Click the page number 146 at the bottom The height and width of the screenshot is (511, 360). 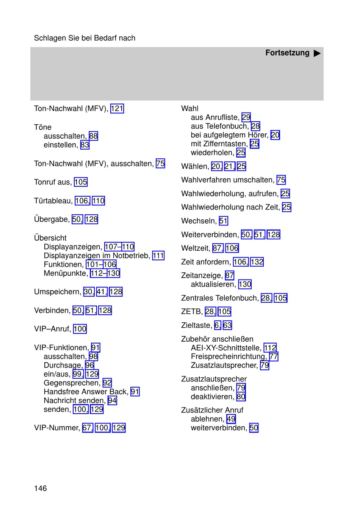(41, 488)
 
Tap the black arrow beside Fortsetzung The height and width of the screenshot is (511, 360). (317, 53)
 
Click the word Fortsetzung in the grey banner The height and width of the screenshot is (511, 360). (287, 53)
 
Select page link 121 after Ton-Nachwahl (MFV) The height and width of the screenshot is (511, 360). (117, 109)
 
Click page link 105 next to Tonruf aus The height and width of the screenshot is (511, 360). (81, 182)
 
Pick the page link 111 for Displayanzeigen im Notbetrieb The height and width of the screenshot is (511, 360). (158, 256)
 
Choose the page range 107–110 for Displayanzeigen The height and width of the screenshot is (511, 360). (119, 247)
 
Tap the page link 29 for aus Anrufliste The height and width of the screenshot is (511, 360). (246, 117)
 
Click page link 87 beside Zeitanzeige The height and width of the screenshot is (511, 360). (229, 275)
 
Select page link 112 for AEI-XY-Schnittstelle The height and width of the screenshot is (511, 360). (270, 348)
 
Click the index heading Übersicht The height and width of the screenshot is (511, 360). (50, 238)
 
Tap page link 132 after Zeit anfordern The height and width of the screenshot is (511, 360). (257, 262)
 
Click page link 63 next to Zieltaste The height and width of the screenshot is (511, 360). (227, 325)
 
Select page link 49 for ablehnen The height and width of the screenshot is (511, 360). (231, 419)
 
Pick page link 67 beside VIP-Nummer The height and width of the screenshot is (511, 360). (87, 428)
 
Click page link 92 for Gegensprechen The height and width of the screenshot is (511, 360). (107, 383)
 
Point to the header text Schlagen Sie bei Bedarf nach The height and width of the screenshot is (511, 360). (85, 38)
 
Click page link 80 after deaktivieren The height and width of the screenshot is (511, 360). (241, 397)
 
